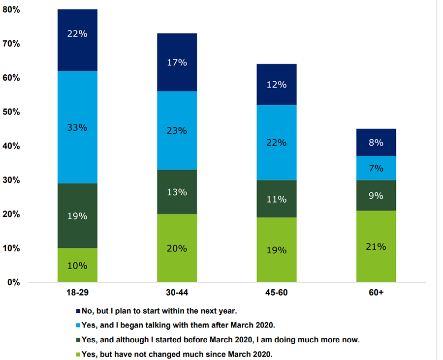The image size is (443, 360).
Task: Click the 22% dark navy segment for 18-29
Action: tap(77, 40)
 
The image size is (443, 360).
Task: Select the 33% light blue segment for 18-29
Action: tap(77, 127)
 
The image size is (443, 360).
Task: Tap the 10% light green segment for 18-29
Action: tap(77, 265)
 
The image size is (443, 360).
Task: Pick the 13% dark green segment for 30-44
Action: tap(177, 192)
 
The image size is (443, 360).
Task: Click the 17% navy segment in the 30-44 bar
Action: tap(177, 62)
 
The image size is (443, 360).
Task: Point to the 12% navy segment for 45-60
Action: tap(276, 84)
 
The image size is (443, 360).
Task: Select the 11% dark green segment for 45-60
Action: tap(276, 199)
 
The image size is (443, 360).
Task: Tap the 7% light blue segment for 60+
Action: tap(376, 168)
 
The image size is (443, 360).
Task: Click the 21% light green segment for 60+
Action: tap(376, 246)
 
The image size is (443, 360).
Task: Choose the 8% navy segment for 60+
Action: tap(376, 143)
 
